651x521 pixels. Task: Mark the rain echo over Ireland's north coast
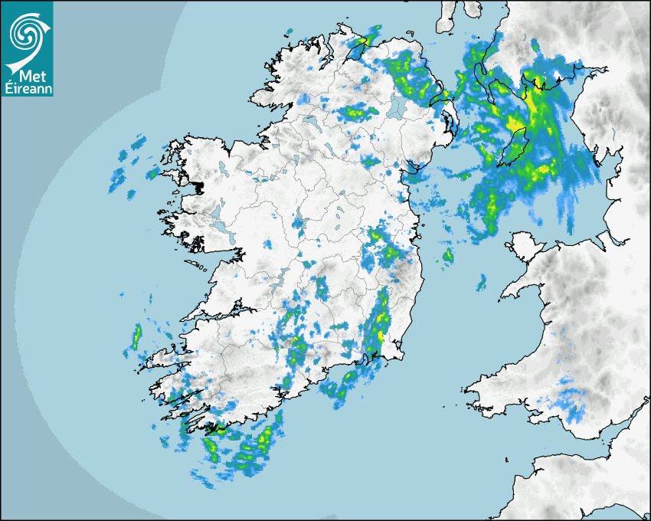(368, 38)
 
